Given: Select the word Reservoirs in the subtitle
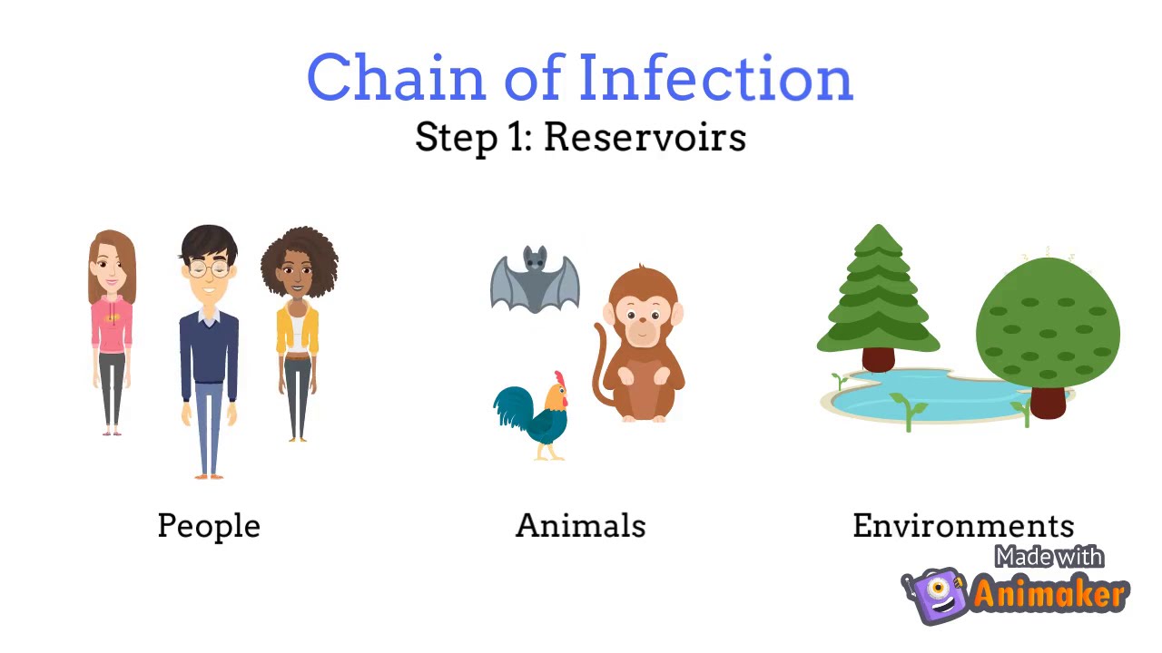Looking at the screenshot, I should (x=645, y=138).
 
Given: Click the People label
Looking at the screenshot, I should (x=209, y=526).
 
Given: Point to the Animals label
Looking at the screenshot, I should (x=580, y=526).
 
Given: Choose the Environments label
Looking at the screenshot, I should (x=963, y=526).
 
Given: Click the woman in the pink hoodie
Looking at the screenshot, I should (x=112, y=326).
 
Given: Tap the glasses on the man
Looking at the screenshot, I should (x=209, y=269).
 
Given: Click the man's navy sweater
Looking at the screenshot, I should (x=209, y=349).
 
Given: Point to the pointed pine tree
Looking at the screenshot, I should (x=878, y=290).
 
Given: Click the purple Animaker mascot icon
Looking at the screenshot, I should (x=935, y=594).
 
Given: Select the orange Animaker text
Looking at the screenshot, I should (x=1049, y=595).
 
